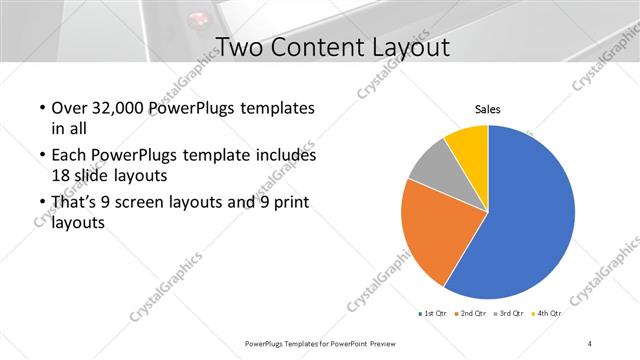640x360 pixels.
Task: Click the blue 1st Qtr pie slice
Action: coord(530,220)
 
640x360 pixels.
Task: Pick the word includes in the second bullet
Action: coord(286,156)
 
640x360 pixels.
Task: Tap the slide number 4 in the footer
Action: coord(590,343)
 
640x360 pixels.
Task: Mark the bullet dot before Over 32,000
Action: coord(40,108)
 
